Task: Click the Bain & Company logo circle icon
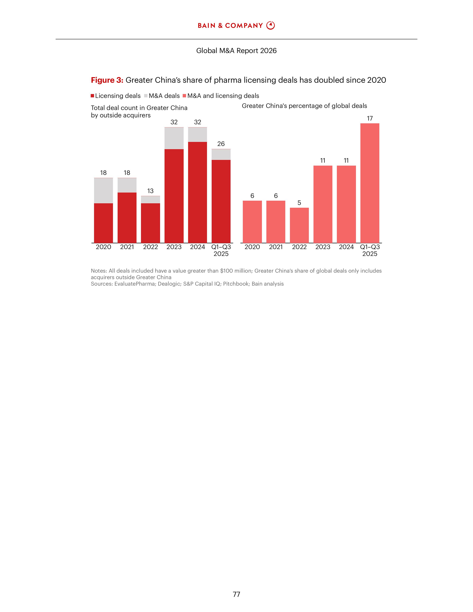click(270, 26)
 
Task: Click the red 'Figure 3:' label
click(107, 80)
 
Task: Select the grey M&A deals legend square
click(146, 96)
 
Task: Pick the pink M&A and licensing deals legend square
click(184, 96)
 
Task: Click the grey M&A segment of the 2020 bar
click(103, 190)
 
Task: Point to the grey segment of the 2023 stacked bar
click(174, 138)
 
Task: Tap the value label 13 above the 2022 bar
click(150, 191)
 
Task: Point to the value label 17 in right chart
click(370, 119)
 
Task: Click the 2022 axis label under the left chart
click(150, 247)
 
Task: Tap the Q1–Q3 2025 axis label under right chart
click(370, 250)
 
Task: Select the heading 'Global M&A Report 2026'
click(236, 51)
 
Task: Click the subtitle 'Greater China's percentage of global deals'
click(304, 106)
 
